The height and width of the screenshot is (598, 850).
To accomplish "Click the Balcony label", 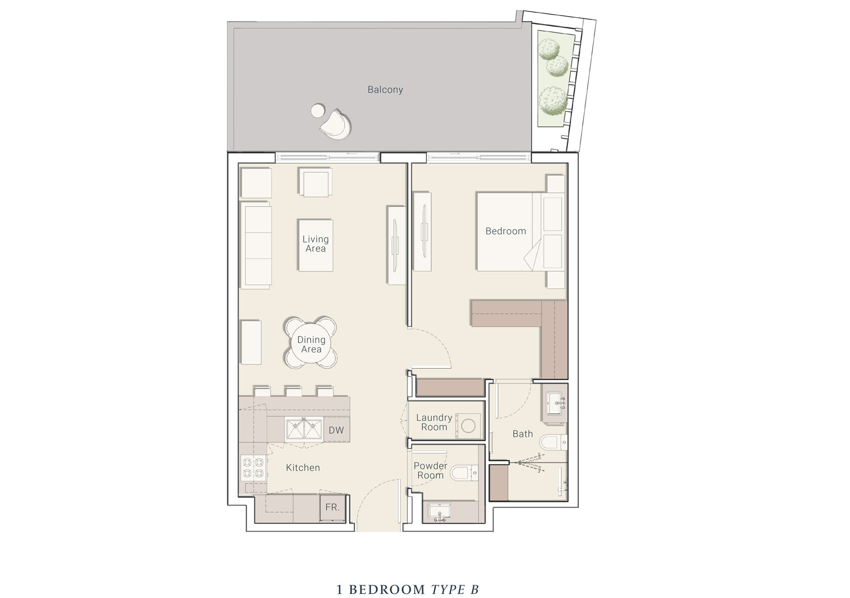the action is pos(385,90).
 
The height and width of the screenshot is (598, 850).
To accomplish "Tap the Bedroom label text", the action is pos(506,231).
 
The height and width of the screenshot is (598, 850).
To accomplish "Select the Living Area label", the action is pos(315,244).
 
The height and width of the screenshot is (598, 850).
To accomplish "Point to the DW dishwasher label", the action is pos(336,430).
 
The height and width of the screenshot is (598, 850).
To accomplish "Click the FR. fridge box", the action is pos(333,508).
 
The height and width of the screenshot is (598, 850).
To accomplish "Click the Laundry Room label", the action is pos(434,422).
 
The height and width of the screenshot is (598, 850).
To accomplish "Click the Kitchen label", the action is pos(303,468).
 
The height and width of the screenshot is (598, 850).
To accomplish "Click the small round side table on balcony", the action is pos(318,111).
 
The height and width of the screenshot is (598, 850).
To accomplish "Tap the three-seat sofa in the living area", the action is pos(255,245).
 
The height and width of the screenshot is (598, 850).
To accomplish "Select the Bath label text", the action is pos(523,434).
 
